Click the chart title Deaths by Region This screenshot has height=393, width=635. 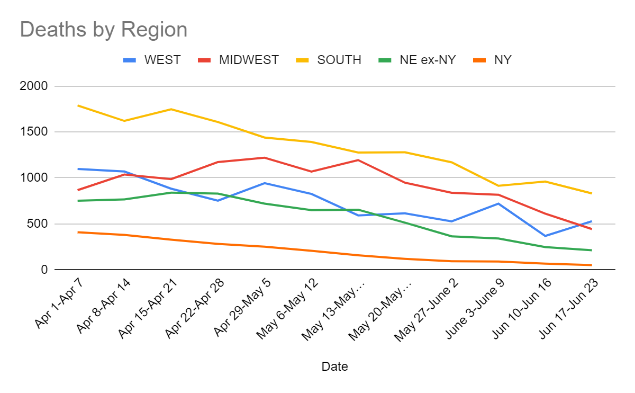tap(104, 30)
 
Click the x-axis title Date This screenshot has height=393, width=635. tap(334, 366)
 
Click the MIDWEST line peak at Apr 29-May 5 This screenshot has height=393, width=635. tap(265, 158)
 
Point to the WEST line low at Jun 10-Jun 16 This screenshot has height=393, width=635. tap(545, 236)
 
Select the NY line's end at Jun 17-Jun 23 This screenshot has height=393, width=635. tap(591, 265)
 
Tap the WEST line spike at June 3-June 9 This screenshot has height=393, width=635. tap(498, 203)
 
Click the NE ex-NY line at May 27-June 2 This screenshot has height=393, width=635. tap(451, 236)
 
